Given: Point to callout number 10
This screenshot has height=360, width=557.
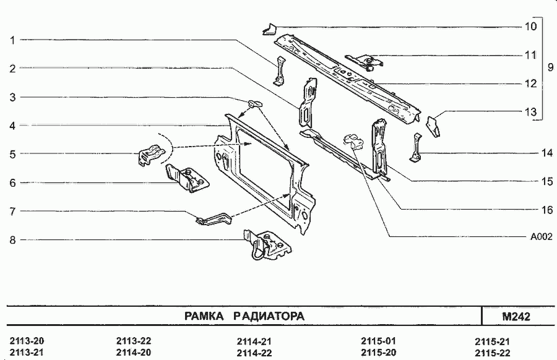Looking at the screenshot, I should tap(530, 27).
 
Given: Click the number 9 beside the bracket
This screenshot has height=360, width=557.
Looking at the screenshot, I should tap(550, 67).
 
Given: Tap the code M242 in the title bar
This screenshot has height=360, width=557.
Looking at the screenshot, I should tap(517, 317).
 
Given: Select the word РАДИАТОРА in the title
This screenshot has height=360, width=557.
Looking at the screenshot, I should tap(269, 317).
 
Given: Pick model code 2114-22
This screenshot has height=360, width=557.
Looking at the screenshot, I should tap(254, 353).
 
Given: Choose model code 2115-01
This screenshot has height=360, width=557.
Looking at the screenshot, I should tap(378, 341).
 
